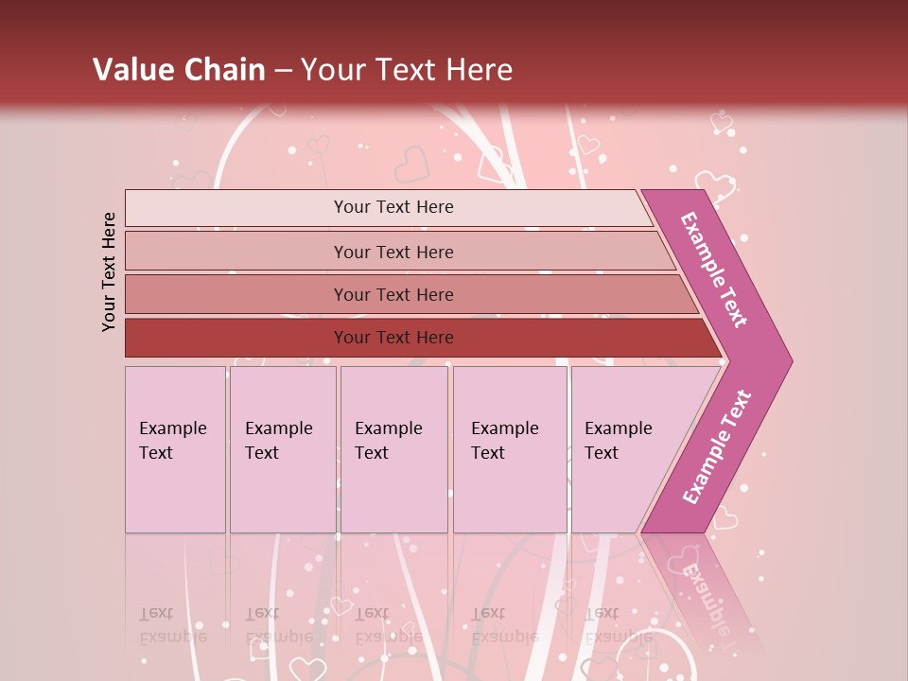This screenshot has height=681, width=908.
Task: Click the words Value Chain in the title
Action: [179, 70]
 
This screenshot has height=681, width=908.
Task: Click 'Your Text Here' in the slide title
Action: [408, 70]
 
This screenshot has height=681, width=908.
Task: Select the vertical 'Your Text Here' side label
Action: [110, 272]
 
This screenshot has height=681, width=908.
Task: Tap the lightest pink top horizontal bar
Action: [236, 207]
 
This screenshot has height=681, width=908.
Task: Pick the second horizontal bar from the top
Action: [236, 252]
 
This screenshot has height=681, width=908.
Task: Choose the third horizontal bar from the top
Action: [236, 294]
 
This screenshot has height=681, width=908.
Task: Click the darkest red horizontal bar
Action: [236, 338]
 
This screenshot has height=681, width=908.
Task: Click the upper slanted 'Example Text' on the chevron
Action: [714, 270]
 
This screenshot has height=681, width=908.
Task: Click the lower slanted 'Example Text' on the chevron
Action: [717, 447]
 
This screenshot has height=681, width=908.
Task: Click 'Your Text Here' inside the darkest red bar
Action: [393, 338]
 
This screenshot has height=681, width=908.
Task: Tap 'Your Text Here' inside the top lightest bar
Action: [393, 207]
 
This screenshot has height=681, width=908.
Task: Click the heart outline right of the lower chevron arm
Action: [725, 517]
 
